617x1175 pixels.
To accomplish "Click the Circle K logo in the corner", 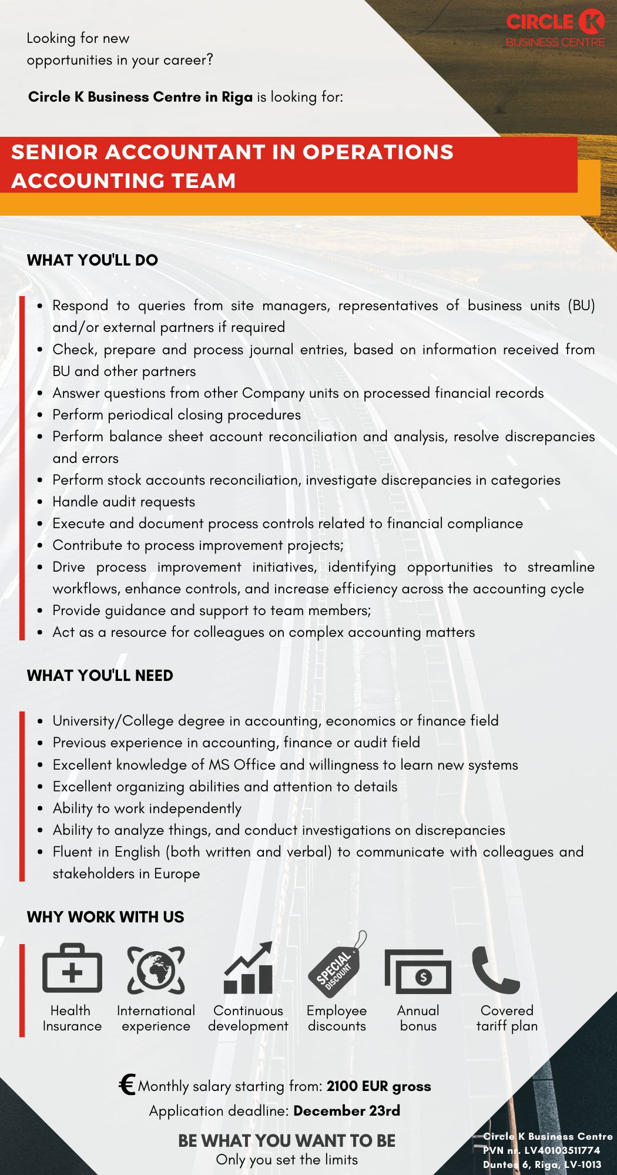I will (x=555, y=28).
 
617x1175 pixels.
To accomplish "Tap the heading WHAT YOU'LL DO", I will (x=92, y=260).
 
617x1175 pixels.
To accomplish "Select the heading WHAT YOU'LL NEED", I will (x=100, y=676).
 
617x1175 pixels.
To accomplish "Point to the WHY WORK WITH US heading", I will (x=105, y=917).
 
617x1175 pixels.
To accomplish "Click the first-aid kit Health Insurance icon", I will (x=72, y=969).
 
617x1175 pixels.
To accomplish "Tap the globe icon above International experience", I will (x=156, y=969).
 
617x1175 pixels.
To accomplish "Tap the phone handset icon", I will (x=495, y=969).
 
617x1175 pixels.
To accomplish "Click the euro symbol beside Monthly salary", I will (x=126, y=1085).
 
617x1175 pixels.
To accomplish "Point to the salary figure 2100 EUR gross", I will (x=379, y=1086).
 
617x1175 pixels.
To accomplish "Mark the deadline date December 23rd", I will (x=347, y=1111).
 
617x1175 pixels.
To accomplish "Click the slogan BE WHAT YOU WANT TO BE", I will (x=287, y=1141).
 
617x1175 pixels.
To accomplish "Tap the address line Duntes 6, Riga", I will (x=542, y=1164).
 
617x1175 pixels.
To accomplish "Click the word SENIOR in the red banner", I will (x=54, y=152).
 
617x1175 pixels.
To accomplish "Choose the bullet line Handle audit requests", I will (x=123, y=502).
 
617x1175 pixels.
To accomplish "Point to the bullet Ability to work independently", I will (x=147, y=808).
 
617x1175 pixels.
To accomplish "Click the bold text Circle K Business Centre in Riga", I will (x=140, y=97).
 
